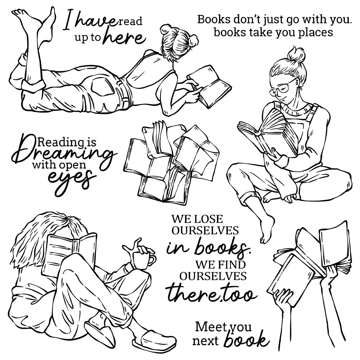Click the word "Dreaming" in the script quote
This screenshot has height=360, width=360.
tap(63, 154)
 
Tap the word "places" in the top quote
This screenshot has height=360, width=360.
tap(315, 33)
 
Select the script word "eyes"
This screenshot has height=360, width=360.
tap(71, 181)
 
